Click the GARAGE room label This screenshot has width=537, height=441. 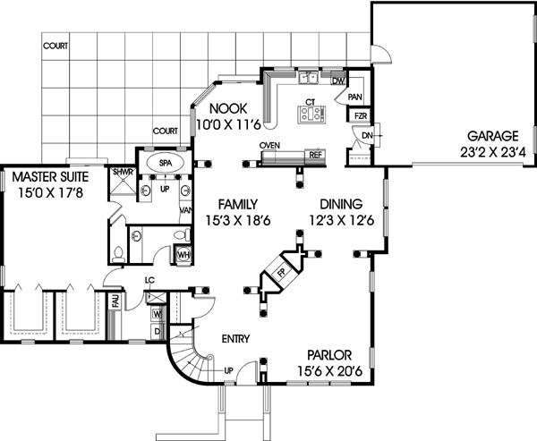coord(491,136)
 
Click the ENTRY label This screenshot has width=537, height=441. coord(234,338)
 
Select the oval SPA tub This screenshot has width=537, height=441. coord(166,164)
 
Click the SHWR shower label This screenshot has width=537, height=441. coord(122,171)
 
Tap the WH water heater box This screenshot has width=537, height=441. coord(183,255)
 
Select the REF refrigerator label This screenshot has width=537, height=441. coord(315,155)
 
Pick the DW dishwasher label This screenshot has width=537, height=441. coord(338,81)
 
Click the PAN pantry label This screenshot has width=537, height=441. coord(354,97)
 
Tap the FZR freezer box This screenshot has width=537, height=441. coord(359,116)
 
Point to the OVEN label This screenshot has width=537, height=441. coord(270,144)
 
